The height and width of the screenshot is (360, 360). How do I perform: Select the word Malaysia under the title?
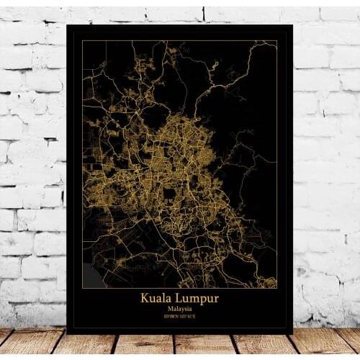tap(179, 309)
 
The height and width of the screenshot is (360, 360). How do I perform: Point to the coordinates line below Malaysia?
tap(179, 317)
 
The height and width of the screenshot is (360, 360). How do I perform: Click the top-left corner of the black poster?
tap(66, 24)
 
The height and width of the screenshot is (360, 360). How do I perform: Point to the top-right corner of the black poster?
tap(293, 24)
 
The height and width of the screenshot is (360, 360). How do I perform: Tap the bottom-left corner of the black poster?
tap(66, 333)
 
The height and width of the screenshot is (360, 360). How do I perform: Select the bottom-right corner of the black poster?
tap(293, 333)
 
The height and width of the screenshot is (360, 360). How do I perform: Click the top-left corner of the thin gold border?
tap(82, 40)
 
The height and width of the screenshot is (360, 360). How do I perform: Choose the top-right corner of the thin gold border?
tap(277, 40)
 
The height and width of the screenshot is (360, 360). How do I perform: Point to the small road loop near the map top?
tap(214, 67)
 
